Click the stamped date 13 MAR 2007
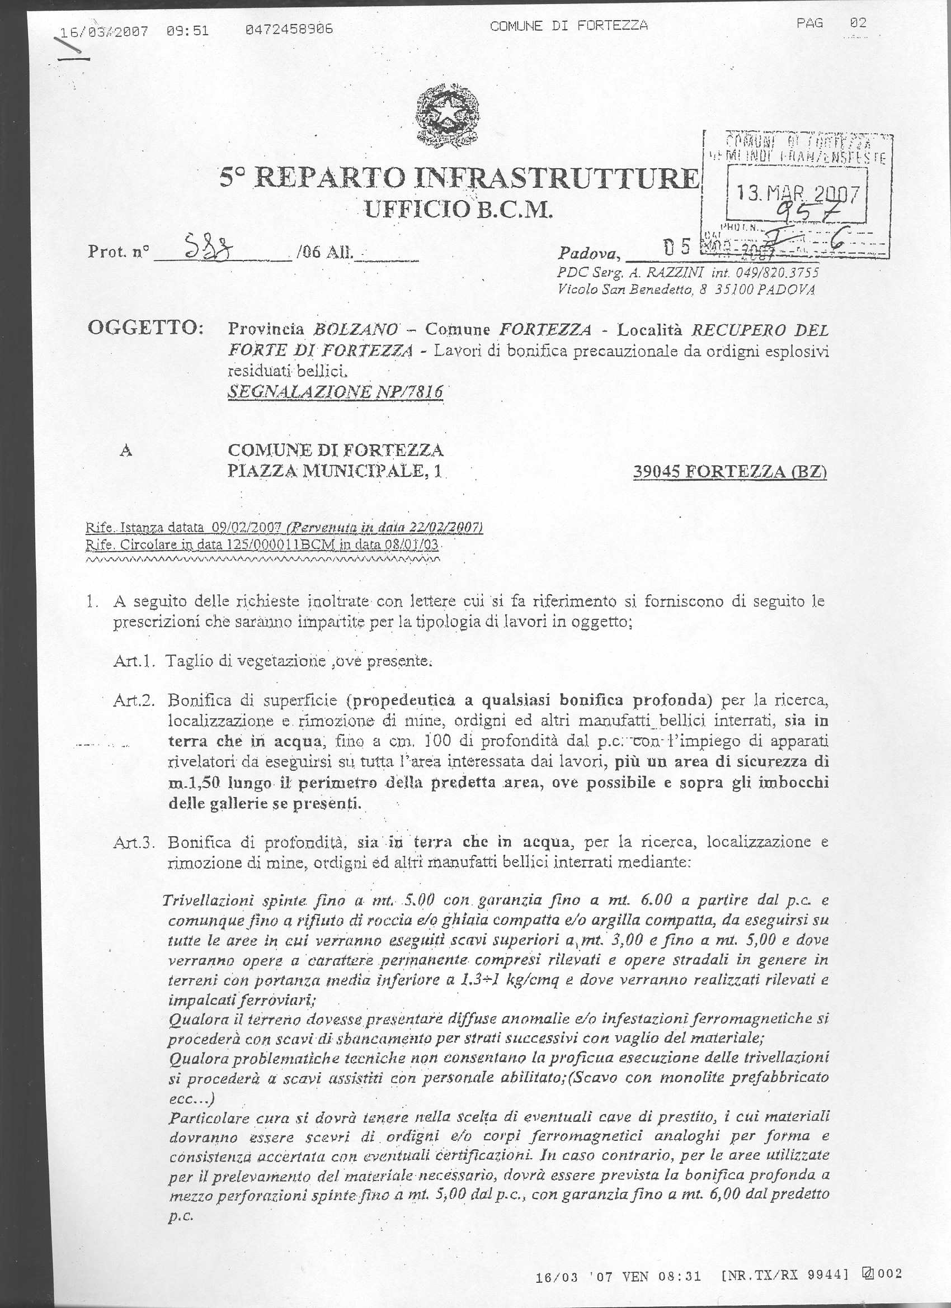798,192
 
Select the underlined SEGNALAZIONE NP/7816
336,392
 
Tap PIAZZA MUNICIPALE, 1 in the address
335,471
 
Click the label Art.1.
132,661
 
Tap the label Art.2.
132,700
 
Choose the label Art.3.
132,842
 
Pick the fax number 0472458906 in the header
289,29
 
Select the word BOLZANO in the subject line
355,330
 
